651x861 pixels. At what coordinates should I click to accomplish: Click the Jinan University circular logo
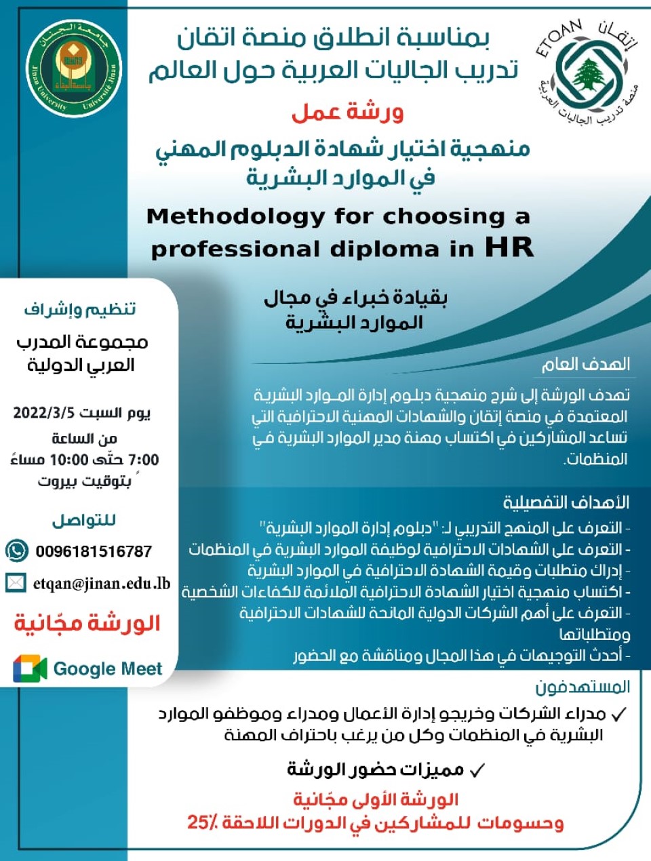tap(75, 68)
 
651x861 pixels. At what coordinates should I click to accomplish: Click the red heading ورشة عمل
tap(347, 111)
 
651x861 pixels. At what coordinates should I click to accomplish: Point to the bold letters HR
tap(509, 247)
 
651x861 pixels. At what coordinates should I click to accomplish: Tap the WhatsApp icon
tap(17, 550)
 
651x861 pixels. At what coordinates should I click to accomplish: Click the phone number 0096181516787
tap(94, 551)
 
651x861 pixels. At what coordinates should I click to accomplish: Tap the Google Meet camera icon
tap(30, 669)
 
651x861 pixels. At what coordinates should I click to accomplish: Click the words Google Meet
tap(108, 669)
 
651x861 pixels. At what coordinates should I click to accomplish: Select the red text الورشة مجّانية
tap(87, 623)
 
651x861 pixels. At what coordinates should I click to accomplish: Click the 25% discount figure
tap(203, 823)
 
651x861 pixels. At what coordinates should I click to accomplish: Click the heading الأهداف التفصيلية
tap(566, 502)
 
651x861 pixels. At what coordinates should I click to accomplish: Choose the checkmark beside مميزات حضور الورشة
tap(477, 770)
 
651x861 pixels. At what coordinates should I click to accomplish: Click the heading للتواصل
tap(84, 520)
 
